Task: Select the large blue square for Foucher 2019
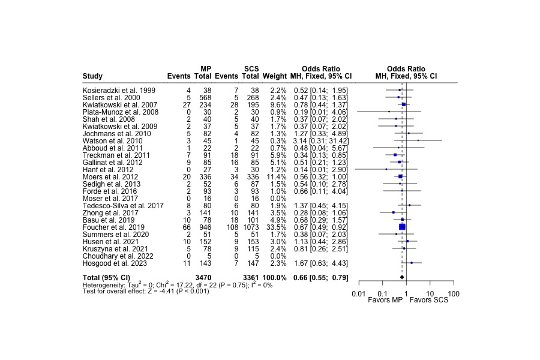[x=403, y=227]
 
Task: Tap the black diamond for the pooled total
[x=402, y=277]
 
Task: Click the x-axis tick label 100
[x=454, y=293]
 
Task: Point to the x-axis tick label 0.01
[x=359, y=293]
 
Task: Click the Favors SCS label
[x=429, y=300]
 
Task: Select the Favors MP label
[x=385, y=300]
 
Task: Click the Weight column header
[x=274, y=76]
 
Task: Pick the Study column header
[x=92, y=76]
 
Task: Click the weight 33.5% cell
[x=276, y=227]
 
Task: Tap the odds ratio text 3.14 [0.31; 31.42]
[x=321, y=140]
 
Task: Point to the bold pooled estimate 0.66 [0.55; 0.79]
[x=321, y=277]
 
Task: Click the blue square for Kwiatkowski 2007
[x=404, y=104]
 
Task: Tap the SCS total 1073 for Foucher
[x=250, y=227]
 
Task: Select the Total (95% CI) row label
[x=106, y=277]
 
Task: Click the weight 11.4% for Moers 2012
[x=276, y=176]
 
